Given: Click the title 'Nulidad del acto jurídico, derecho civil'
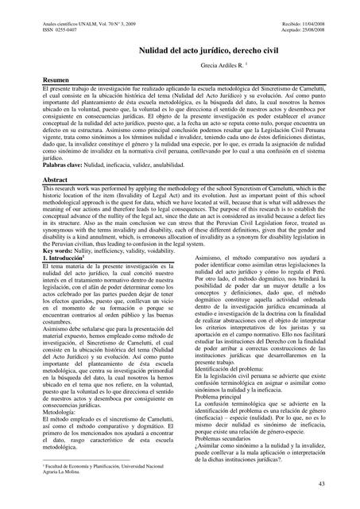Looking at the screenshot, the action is click(x=180, y=50).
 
